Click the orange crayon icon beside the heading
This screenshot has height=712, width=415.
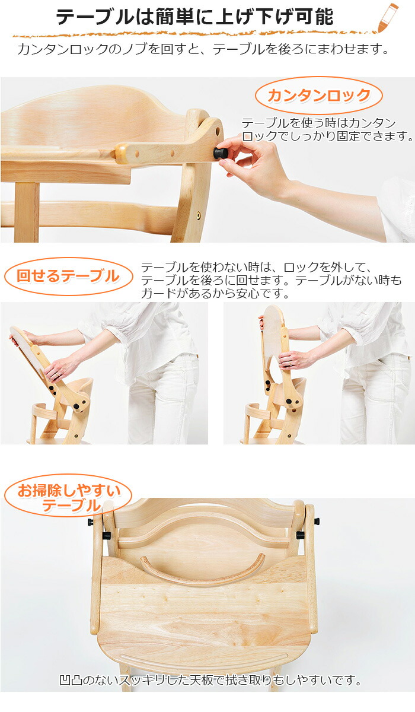coord(387,18)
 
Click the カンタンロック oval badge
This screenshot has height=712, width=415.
coord(319,95)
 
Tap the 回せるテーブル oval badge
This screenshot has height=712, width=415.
coord(68,276)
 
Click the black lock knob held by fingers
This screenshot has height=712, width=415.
coord(221,153)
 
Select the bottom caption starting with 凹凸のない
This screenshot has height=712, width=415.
coord(210,680)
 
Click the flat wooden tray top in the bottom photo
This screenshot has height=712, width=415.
coord(205,611)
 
